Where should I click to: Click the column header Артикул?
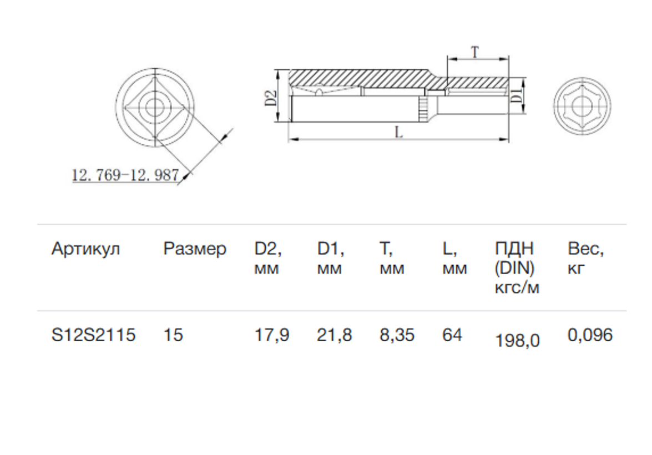tap(85, 249)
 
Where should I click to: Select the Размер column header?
tap(195, 249)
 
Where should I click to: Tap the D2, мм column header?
tap(268, 259)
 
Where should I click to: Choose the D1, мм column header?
tap(331, 259)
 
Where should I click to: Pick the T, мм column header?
tap(392, 259)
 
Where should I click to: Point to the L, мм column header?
tap(454, 259)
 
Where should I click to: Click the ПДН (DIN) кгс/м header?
tap(516, 268)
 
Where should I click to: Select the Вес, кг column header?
tap(585, 259)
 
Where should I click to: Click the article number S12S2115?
tap(93, 335)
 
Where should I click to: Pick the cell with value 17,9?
tap(271, 335)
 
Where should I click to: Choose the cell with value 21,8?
tap(334, 335)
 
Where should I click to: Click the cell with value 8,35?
tap(397, 335)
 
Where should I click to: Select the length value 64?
tap(452, 335)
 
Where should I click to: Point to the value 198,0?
tap(517, 340)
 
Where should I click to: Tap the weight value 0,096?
tap(590, 335)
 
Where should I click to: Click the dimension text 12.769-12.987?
tap(125, 175)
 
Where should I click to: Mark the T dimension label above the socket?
tap(475, 52)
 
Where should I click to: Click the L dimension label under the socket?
tap(398, 132)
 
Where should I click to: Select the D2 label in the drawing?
tap(270, 98)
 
